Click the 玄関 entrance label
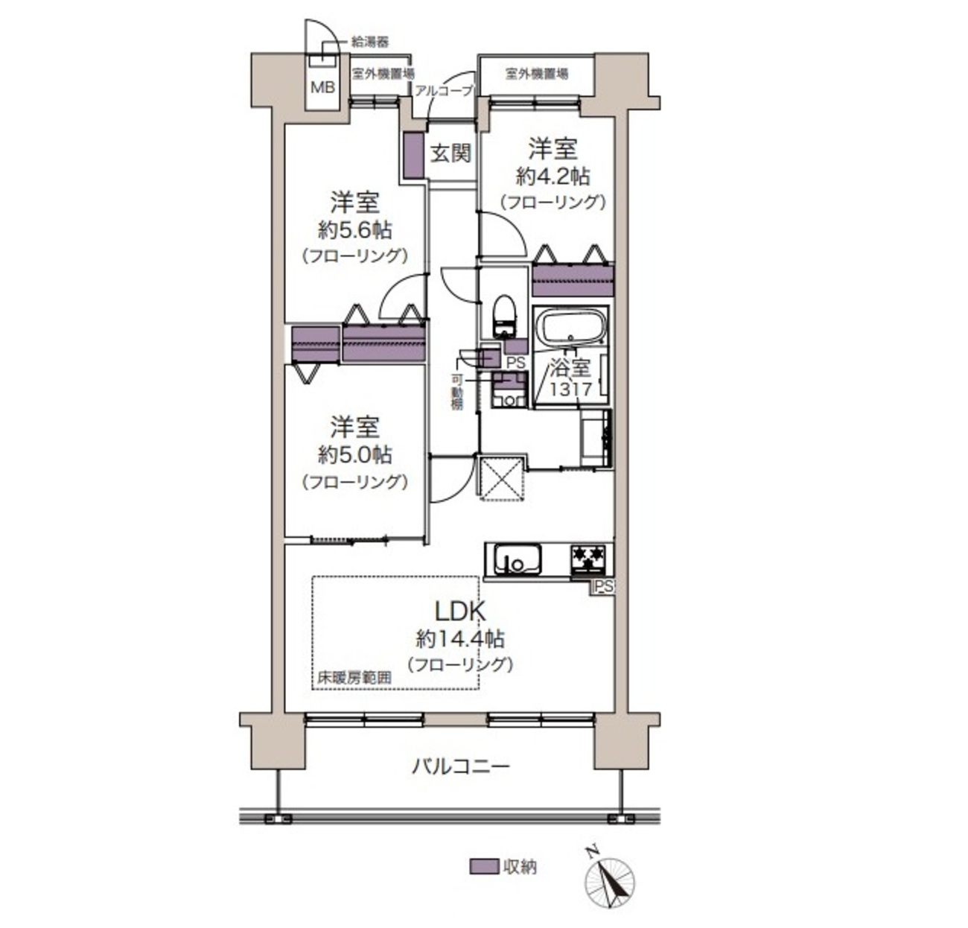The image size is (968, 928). point(450,153)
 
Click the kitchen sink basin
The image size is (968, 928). point(518,560)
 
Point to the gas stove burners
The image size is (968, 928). point(589,558)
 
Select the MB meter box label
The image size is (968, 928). point(323,88)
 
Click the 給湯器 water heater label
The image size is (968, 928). point(370,42)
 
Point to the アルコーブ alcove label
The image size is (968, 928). point(444,91)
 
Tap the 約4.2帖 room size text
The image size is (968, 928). point(553,176)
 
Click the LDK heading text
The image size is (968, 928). point(461,611)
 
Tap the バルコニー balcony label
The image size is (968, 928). point(461,766)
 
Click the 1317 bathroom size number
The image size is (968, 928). point(570,389)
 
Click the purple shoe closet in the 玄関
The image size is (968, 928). point(414,155)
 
